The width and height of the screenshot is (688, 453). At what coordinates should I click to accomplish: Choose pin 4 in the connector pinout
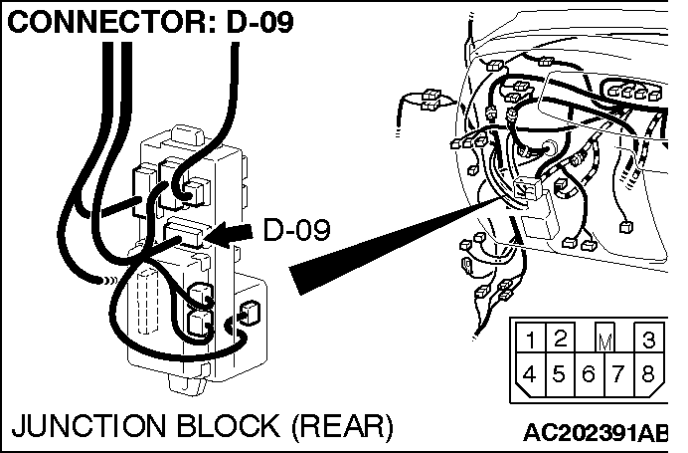(x=532, y=374)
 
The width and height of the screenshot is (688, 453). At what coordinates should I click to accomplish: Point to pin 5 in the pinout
(x=560, y=374)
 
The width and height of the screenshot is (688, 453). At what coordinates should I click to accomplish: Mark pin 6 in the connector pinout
(x=589, y=374)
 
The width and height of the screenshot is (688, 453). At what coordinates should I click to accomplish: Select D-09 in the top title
(x=259, y=22)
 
